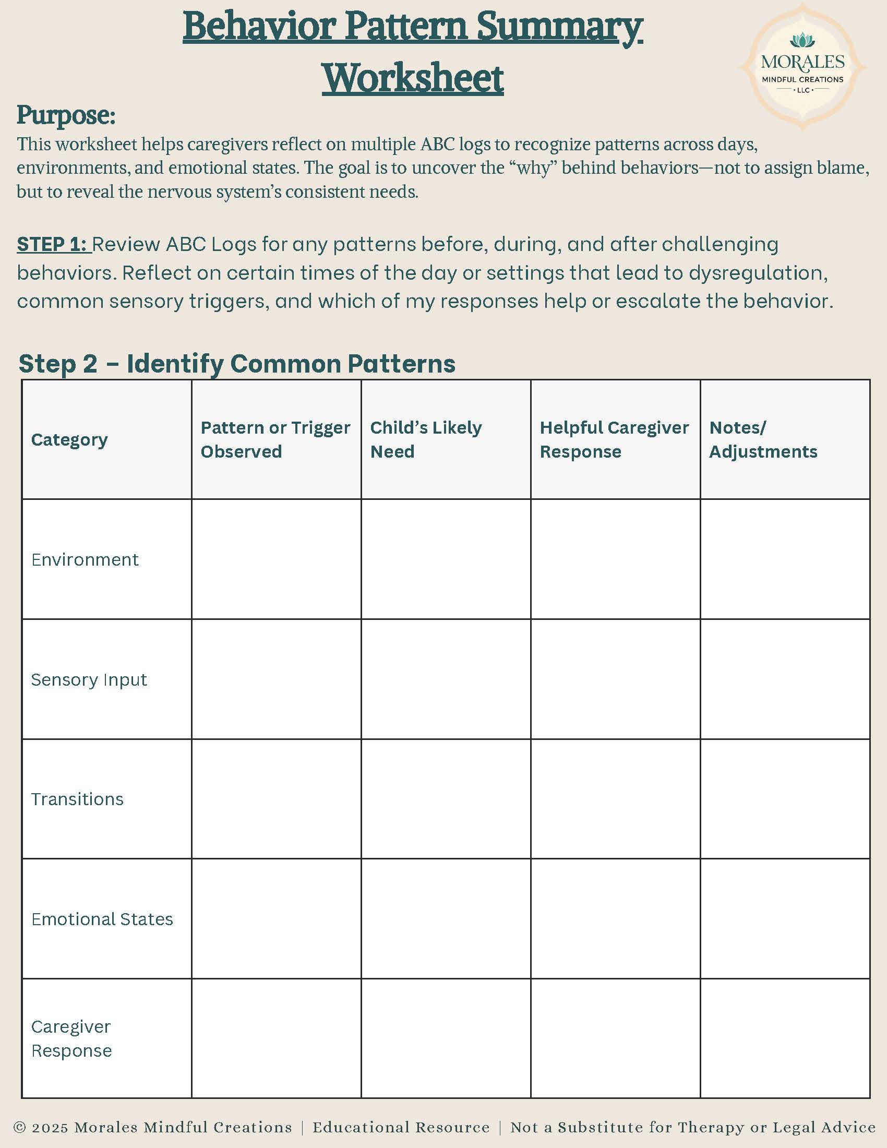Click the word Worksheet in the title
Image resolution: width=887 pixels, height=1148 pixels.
(x=413, y=78)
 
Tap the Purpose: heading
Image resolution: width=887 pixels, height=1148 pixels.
(x=66, y=115)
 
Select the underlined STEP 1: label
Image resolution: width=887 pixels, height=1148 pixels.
(x=53, y=244)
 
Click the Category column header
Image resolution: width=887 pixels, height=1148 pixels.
(x=69, y=439)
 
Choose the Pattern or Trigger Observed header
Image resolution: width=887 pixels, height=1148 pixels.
(x=275, y=439)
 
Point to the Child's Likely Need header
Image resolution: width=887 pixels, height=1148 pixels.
(x=426, y=439)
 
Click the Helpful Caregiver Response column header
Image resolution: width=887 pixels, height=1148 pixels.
(x=614, y=439)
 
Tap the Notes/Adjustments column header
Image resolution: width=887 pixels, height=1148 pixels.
(x=763, y=439)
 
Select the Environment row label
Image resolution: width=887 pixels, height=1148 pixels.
(x=85, y=559)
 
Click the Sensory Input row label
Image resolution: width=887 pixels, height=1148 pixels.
(x=89, y=679)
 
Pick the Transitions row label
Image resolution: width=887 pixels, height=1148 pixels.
(x=77, y=799)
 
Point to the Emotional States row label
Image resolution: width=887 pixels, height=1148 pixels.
(x=102, y=919)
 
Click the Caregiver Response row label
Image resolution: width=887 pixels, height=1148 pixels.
(x=71, y=1038)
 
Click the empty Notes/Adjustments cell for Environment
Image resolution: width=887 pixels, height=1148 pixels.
(x=785, y=559)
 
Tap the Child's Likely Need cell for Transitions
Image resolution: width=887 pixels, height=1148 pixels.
(x=446, y=799)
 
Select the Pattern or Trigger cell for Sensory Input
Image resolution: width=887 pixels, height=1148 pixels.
(x=277, y=679)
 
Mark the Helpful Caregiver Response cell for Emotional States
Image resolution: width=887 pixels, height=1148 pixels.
(x=615, y=919)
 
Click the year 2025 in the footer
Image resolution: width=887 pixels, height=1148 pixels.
(x=50, y=1127)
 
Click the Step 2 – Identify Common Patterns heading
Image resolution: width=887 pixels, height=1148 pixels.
(x=237, y=364)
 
